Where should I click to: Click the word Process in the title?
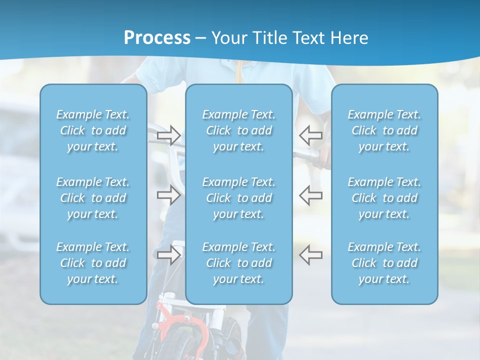click(157, 37)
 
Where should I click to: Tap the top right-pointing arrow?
click(169, 135)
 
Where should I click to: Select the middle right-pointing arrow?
click(169, 195)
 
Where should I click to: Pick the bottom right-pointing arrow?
click(169, 255)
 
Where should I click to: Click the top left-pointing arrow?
click(310, 135)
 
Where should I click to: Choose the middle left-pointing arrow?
click(310, 195)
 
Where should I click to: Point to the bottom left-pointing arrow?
click(310, 255)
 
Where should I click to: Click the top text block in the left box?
click(93, 130)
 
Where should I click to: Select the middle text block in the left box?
click(93, 198)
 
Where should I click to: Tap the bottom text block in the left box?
click(93, 263)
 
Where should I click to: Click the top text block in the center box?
click(239, 130)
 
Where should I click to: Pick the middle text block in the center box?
click(239, 198)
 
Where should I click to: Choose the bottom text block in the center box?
click(239, 263)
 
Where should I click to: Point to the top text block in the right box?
click(384, 130)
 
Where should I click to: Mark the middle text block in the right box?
click(384, 198)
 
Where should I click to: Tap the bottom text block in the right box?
click(384, 263)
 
